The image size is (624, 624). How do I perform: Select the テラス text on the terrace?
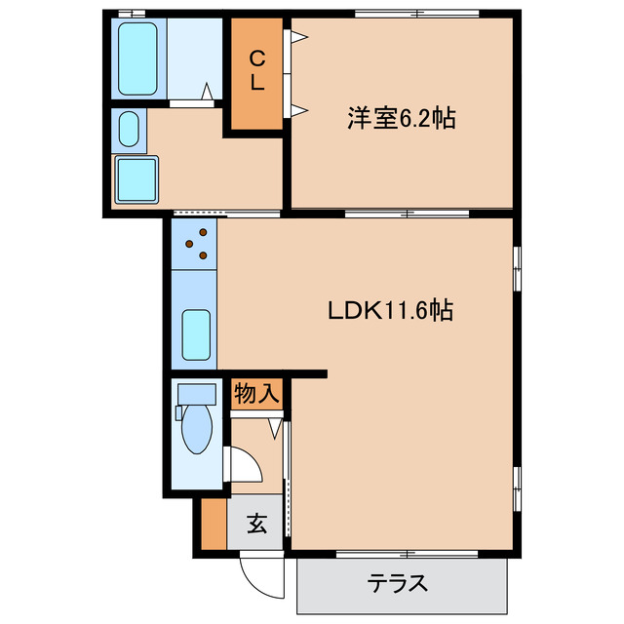397,584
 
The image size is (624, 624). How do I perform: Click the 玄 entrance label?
256,525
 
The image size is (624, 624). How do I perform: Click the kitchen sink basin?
197,333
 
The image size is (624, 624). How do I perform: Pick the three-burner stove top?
196,244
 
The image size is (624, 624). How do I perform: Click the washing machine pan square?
136,179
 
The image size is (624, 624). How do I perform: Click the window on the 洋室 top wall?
416,14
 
